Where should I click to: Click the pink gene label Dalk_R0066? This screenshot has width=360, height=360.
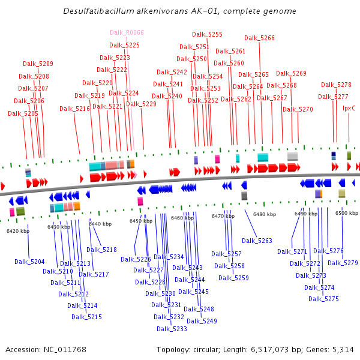(x=127, y=32)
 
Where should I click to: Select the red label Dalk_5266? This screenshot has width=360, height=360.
(x=259, y=38)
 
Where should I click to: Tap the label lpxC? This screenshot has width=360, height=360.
(x=349, y=108)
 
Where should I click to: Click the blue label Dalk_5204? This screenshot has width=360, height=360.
(x=29, y=262)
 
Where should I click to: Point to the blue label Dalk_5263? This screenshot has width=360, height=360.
(x=257, y=241)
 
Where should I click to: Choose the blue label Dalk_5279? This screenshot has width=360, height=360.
(x=343, y=263)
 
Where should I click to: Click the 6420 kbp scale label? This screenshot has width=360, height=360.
(x=18, y=230)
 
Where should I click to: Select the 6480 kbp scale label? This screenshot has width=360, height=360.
(x=265, y=214)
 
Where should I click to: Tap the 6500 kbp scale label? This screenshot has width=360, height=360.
(x=346, y=213)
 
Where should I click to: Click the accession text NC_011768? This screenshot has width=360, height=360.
(x=65, y=349)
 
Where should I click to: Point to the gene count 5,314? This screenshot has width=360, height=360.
(x=342, y=349)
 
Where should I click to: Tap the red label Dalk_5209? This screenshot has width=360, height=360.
(x=38, y=64)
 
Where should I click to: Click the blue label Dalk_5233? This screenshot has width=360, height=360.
(x=172, y=329)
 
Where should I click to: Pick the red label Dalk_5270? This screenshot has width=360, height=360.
(x=298, y=109)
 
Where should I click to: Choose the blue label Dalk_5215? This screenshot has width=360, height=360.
(x=86, y=317)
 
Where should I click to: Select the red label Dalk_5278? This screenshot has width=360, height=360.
(x=336, y=85)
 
